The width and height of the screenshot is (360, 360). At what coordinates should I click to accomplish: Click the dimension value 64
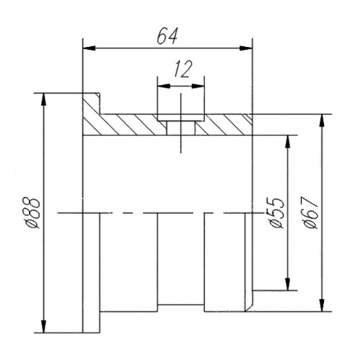click(167, 37)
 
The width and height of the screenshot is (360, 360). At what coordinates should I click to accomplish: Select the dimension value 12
click(183, 69)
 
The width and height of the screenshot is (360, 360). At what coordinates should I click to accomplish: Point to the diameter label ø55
click(276, 212)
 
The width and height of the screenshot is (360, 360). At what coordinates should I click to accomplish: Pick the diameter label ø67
click(310, 212)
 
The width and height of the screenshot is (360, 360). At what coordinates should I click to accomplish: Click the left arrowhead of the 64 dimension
click(89, 48)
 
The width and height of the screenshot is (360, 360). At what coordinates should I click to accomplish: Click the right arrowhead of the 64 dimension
click(246, 48)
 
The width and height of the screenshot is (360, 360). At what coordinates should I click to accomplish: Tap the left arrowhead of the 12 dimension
click(163, 86)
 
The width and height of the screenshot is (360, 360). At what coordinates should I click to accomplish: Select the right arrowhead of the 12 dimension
click(198, 86)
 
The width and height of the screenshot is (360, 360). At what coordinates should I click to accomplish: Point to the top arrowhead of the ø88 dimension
click(43, 99)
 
